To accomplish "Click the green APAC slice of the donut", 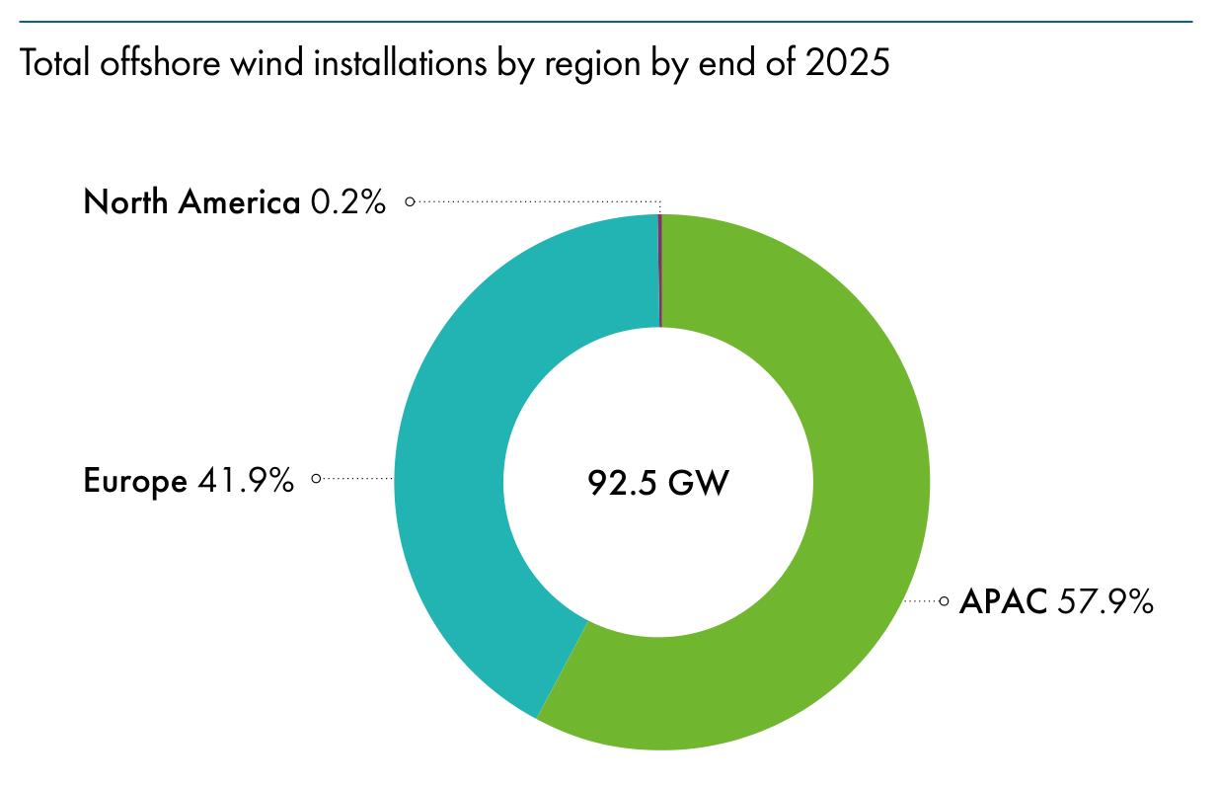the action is pos(848,544).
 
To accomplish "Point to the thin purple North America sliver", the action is pos(660,271).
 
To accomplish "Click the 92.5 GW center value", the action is pos(658,482).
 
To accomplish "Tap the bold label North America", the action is pos(191,201).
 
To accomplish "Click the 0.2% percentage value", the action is pos(348,201).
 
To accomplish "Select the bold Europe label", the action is pos(135,482).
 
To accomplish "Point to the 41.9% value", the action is pos(246,481).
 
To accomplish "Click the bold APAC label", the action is pos(1003,601).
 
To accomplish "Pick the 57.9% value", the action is pos(1105,601).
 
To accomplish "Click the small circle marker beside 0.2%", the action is pos(410,201).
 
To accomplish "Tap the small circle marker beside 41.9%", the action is pos(316,479).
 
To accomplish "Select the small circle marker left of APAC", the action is pos(944,601).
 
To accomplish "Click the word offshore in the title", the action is pos(160,62).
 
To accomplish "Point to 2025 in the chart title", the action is pos(847,62).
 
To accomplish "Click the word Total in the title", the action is pos(55,62).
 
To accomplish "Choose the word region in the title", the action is pos(592,65).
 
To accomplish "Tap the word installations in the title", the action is pos(400,62).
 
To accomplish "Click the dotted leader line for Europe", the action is pos(357,479).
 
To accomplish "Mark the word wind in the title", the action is pos(266,62).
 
